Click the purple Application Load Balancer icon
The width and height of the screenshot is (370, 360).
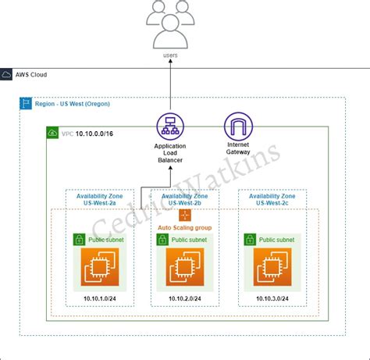(169, 127)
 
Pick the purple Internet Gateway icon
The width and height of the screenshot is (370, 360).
(237, 127)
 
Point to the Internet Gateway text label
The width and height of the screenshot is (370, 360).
(237, 149)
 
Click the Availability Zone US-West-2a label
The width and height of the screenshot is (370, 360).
(98, 199)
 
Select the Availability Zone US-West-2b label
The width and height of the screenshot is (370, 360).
(185, 199)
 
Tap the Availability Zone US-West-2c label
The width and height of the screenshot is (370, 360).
(272, 199)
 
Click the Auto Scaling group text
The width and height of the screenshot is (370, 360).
(185, 227)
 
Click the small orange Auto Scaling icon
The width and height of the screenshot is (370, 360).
(185, 215)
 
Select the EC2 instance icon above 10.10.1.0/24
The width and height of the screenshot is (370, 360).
(98, 268)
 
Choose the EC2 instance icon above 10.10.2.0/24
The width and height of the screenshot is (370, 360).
(185, 268)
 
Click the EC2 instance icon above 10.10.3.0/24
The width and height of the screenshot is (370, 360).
(272, 268)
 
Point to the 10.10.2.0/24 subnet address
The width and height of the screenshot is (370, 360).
(185, 298)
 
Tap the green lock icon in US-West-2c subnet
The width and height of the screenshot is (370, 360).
(251, 241)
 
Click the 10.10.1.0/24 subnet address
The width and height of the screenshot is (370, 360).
(98, 298)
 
